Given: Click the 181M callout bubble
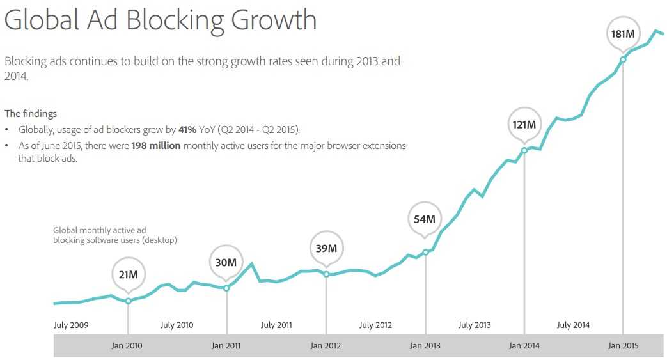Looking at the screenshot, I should click(x=622, y=33).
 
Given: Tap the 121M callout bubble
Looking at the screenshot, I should click(x=524, y=124).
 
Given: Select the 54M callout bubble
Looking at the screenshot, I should click(x=425, y=219).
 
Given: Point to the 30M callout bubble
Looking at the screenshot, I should click(x=226, y=262).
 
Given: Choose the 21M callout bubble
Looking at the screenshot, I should click(x=128, y=274).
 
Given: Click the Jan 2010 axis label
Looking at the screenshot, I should click(x=127, y=346).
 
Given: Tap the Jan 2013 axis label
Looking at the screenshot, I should click(x=425, y=346).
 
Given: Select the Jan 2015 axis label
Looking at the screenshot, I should click(x=623, y=346).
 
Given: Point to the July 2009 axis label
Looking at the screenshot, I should click(x=71, y=325).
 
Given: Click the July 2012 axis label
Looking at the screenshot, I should click(x=375, y=325).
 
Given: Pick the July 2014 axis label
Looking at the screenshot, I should click(x=573, y=325).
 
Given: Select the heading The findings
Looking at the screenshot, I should click(x=31, y=114).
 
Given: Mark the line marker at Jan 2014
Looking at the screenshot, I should click(x=524, y=151).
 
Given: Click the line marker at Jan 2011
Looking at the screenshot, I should click(x=226, y=288).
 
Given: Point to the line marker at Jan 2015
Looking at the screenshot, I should click(x=623, y=59).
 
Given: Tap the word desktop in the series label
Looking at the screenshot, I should click(x=159, y=240).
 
